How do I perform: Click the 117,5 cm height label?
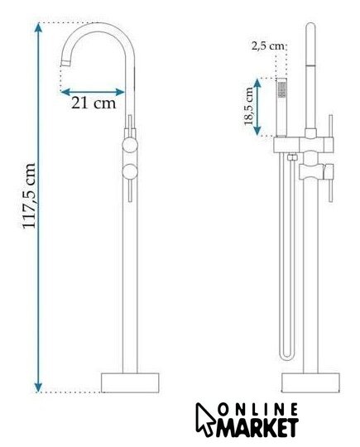pyautogui.click(x=29, y=195)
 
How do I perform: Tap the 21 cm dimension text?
pyautogui.click(x=94, y=103)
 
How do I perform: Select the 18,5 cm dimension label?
pyautogui.click(x=248, y=106)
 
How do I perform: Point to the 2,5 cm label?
pyautogui.click(x=268, y=46)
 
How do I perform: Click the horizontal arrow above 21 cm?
pyautogui.click(x=93, y=92)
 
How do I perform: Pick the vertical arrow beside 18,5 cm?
pyautogui.click(x=257, y=107)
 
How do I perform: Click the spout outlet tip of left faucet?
pyautogui.click(x=65, y=63)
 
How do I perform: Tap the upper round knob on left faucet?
pyautogui.click(x=130, y=145)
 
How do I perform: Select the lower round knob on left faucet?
pyautogui.click(x=130, y=172)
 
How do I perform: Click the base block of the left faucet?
pyautogui.click(x=130, y=382)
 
